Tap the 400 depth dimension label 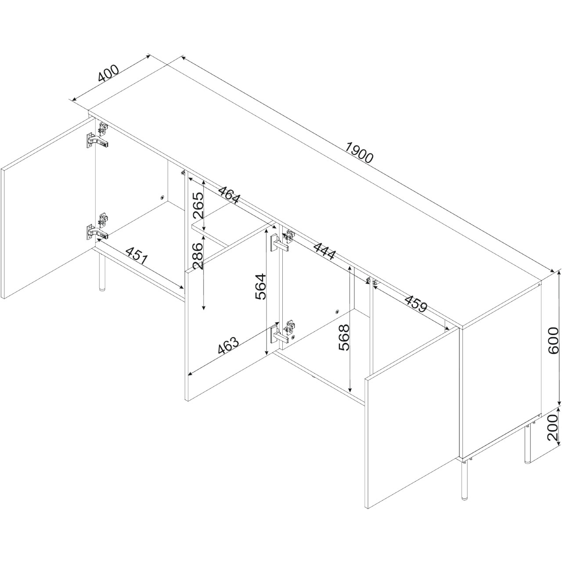click(108, 73)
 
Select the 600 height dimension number click(553, 340)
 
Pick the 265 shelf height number click(198, 205)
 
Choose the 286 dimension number click(198, 256)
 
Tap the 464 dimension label click(229, 195)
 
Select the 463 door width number click(228, 345)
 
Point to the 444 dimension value click(324, 251)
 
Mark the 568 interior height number click(344, 338)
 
